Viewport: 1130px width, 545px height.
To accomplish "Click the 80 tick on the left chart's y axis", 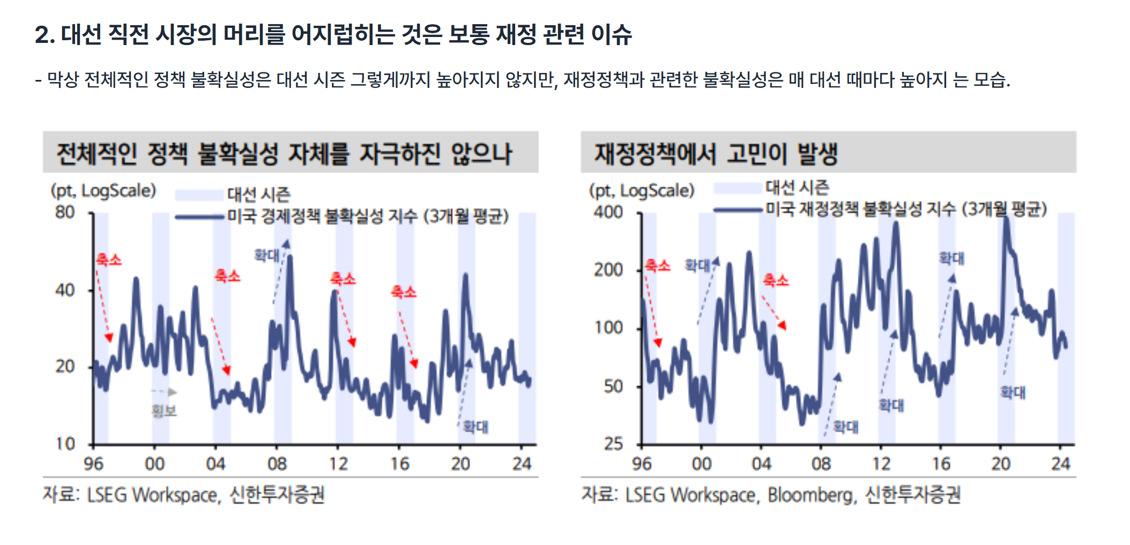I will [65, 212].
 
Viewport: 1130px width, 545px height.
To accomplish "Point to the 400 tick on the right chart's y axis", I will [608, 212].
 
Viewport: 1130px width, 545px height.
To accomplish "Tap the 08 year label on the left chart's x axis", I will [277, 464].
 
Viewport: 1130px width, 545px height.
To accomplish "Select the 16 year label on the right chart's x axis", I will [941, 464].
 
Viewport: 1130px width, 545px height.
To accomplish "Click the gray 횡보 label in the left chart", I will [164, 411].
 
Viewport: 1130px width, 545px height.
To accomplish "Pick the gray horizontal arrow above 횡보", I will [165, 392].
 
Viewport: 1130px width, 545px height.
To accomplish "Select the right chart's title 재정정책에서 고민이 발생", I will [716, 153].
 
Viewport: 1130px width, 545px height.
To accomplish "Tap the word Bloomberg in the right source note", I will [810, 495].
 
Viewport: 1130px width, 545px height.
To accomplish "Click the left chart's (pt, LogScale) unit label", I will [103, 191].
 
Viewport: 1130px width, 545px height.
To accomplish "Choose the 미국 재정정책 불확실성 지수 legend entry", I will [906, 209].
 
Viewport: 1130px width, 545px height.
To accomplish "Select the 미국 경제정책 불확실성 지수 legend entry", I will [368, 217].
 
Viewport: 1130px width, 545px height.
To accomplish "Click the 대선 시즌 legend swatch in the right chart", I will [738, 188].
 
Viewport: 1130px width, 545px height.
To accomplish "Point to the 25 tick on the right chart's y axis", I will [614, 444].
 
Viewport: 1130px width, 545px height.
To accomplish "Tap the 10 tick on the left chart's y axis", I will [65, 444].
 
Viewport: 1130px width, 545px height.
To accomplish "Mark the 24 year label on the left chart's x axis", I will [521, 464].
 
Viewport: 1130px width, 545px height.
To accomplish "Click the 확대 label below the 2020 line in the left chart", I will [475, 427].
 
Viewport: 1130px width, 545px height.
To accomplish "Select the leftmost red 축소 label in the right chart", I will [657, 266].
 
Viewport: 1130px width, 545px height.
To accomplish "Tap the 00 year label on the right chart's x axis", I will [701, 464].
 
